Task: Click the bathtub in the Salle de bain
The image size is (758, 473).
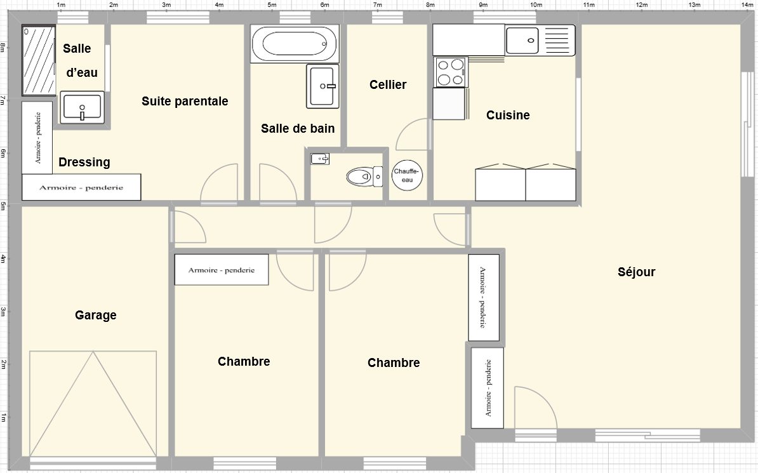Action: (x=295, y=44)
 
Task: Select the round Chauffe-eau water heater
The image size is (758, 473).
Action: (x=407, y=175)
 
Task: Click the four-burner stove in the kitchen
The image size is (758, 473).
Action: (x=451, y=72)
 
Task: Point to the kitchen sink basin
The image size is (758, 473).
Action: (x=522, y=41)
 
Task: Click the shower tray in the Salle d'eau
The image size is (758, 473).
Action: (x=39, y=60)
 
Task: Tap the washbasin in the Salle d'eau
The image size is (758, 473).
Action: (x=82, y=107)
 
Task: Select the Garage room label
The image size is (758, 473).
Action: (x=96, y=316)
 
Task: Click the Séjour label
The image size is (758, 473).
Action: (x=636, y=272)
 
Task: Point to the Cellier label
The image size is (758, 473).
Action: (x=388, y=84)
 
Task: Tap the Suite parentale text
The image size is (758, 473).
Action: (x=185, y=101)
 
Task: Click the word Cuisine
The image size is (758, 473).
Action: (x=508, y=115)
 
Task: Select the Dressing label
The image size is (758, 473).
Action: (x=84, y=162)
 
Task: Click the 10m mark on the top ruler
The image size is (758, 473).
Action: (x=536, y=5)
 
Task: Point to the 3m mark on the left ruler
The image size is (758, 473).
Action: (x=3, y=312)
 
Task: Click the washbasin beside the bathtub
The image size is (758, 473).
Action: (x=322, y=86)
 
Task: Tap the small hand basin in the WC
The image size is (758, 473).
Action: (x=319, y=159)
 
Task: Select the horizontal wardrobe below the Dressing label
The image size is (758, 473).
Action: (x=81, y=187)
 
